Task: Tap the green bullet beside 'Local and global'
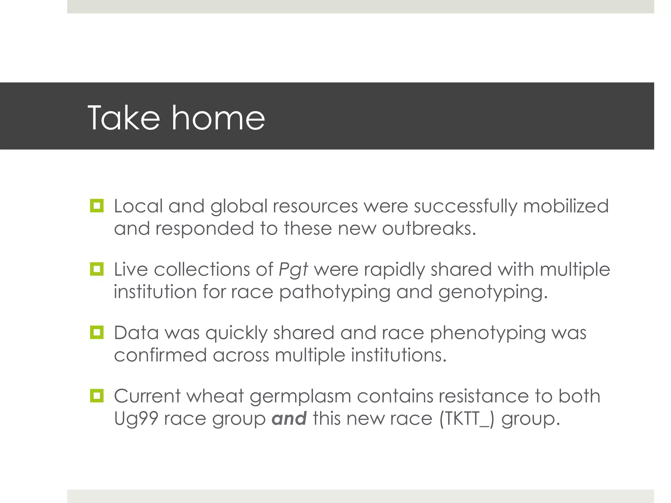97,206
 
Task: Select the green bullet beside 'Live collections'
97,269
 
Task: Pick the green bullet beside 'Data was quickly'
97,332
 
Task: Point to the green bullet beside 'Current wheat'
97,396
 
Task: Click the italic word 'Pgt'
293,270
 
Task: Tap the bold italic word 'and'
289,419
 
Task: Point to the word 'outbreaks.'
429,229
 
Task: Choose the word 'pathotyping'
335,292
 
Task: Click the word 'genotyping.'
493,292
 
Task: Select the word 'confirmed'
160,355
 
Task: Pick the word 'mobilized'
566,206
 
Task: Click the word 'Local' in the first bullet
138,206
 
